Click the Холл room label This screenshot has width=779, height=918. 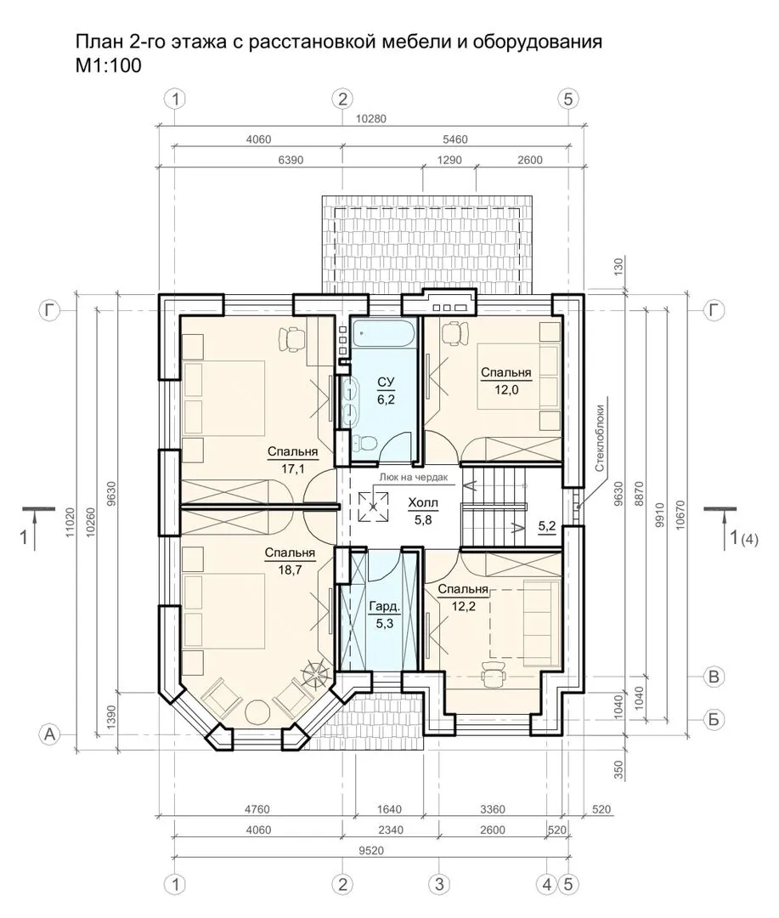pos(422,503)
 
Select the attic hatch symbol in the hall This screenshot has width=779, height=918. pos(373,507)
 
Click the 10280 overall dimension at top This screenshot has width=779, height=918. pos(371,119)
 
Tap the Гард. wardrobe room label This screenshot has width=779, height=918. pos(384,607)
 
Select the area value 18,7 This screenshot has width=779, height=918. pos(290,569)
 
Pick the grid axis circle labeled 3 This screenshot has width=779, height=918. pos(439,883)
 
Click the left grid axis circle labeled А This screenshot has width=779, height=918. pos(50,734)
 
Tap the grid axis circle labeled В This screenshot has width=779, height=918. pos(714,677)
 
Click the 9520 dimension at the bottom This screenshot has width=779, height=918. pos(371,850)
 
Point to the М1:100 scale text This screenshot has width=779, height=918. pos(109,65)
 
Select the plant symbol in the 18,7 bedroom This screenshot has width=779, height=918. pos(315,672)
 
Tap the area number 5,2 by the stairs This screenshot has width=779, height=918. pos(546,526)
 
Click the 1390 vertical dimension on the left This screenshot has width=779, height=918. pos(111,714)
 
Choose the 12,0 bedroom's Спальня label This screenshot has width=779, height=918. pos(505,372)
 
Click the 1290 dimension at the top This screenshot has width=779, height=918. pos(449,160)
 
